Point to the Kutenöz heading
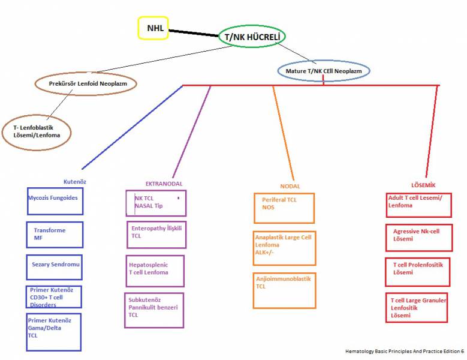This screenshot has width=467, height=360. (x=75, y=181)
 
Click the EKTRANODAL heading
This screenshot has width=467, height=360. (x=164, y=184)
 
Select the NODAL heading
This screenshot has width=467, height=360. (x=290, y=186)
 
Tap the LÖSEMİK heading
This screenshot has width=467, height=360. (x=423, y=185)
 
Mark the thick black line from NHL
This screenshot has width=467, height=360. (x=194, y=33)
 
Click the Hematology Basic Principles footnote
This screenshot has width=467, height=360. (x=405, y=352)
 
